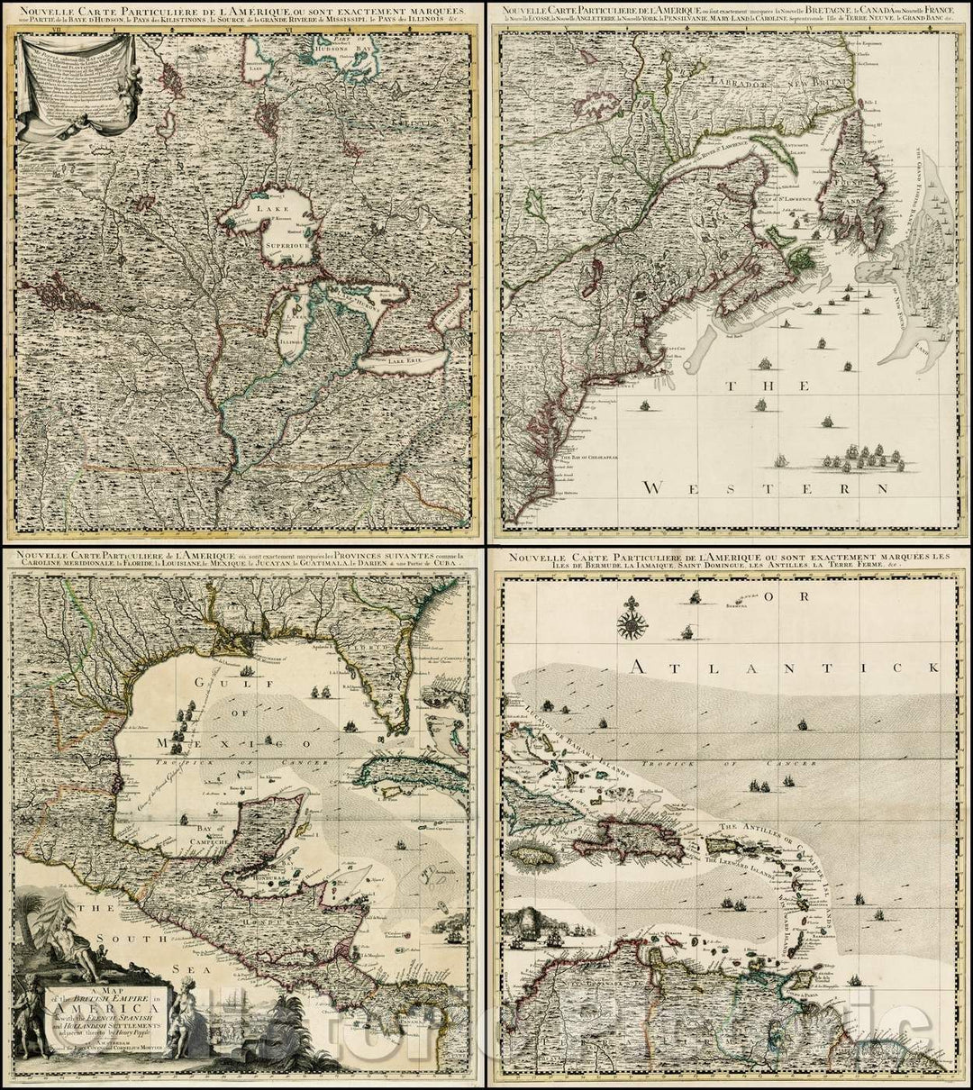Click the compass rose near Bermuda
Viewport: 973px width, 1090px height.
coord(633,622)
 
